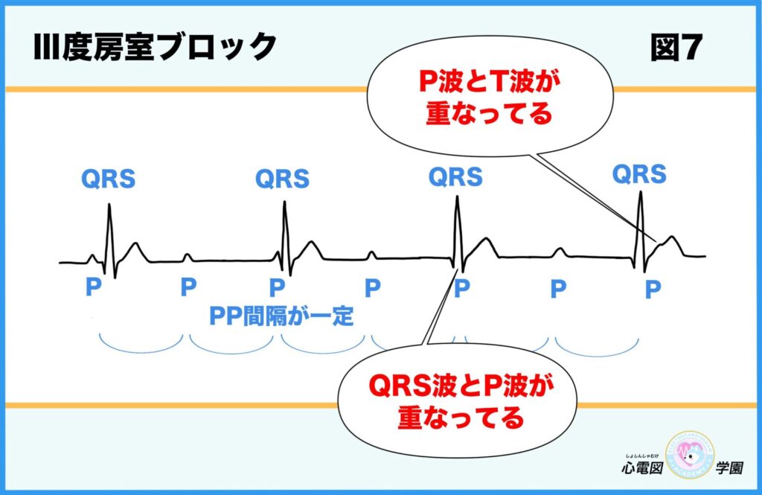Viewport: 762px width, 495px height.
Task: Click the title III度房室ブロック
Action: [x=155, y=48]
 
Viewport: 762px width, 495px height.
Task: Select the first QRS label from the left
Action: [x=109, y=179]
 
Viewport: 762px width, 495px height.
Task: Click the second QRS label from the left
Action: [x=282, y=179]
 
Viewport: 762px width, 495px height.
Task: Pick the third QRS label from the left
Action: [x=455, y=177]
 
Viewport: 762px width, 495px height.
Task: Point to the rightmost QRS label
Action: [x=639, y=174]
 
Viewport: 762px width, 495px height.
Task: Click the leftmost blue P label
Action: [x=93, y=288]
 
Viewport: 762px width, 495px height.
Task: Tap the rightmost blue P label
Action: [x=653, y=289]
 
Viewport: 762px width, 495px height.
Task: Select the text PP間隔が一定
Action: [x=281, y=316]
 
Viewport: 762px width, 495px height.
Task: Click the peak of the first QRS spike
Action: [x=110, y=205]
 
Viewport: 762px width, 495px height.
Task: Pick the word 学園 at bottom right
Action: [x=732, y=470]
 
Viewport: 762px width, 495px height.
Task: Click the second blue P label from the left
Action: [x=188, y=288]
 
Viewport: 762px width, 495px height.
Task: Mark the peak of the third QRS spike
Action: [x=457, y=197]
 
